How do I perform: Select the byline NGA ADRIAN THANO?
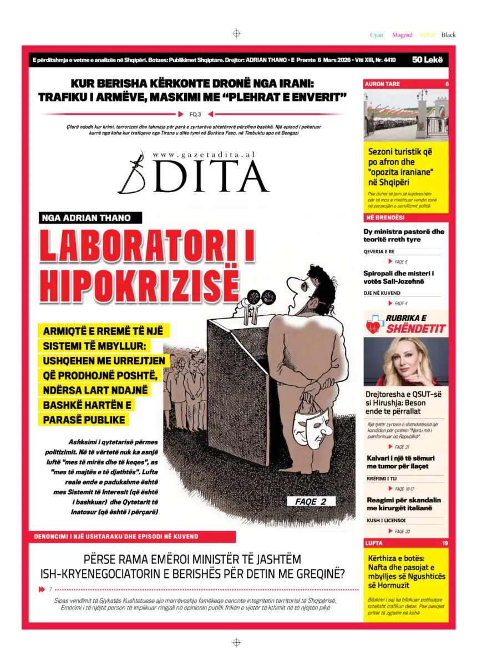(x=87, y=218)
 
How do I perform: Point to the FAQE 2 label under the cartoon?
(x=311, y=501)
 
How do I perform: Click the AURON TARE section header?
(x=382, y=84)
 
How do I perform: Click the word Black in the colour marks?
(x=448, y=35)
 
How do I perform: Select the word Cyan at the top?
(x=377, y=35)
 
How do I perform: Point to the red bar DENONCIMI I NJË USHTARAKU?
(x=117, y=537)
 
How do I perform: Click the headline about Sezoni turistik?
(x=400, y=167)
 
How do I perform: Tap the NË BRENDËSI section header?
(x=384, y=217)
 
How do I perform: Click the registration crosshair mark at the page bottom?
(x=236, y=642)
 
